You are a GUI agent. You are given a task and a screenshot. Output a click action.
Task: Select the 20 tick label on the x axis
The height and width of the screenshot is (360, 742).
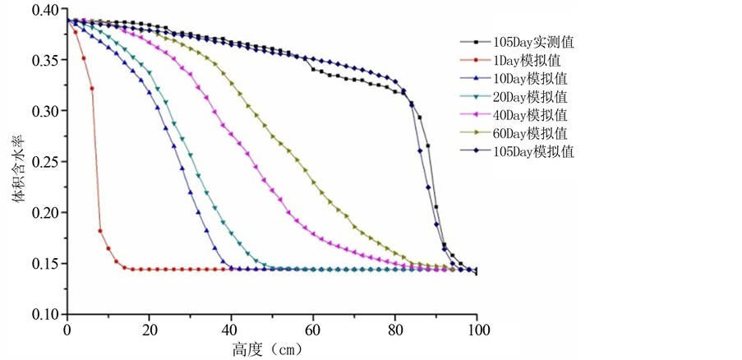pyautogui.click(x=149, y=330)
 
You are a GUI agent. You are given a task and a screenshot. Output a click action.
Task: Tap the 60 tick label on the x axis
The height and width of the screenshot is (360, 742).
pyautogui.click(x=313, y=330)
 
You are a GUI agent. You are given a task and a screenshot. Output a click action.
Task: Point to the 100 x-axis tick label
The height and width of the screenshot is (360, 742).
pyautogui.click(x=477, y=330)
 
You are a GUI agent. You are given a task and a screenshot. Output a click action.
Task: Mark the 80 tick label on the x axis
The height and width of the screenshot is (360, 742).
pyautogui.click(x=395, y=330)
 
